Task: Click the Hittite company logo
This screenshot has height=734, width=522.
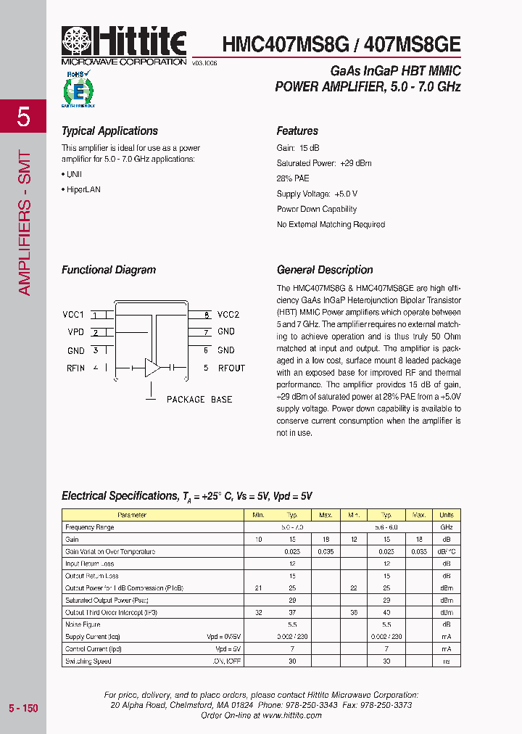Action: tap(124, 44)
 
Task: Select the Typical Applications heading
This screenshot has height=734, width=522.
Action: tap(109, 131)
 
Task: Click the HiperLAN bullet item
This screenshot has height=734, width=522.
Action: tap(83, 189)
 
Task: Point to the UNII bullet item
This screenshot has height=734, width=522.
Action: tap(74, 174)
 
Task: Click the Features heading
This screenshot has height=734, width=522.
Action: tap(297, 131)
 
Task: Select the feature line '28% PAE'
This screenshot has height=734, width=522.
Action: tap(293, 178)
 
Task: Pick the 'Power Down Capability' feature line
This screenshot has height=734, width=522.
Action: tap(317, 210)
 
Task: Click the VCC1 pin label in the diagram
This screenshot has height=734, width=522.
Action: tap(73, 315)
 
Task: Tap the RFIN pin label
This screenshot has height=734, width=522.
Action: tap(75, 368)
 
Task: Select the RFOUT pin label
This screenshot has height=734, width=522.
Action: tap(231, 368)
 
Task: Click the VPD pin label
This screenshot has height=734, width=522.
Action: tap(75, 332)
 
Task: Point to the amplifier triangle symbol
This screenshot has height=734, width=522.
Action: tap(152, 368)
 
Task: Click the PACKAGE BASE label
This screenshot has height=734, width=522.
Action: tap(199, 400)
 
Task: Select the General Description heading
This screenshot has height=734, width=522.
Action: tap(325, 270)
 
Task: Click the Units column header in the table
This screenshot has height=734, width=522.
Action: tap(447, 515)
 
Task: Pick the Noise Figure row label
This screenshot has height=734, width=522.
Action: tap(83, 624)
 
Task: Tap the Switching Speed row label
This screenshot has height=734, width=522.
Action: tap(88, 661)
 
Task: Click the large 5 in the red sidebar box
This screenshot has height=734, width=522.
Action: tap(23, 117)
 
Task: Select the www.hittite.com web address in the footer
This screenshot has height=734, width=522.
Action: tap(291, 715)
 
